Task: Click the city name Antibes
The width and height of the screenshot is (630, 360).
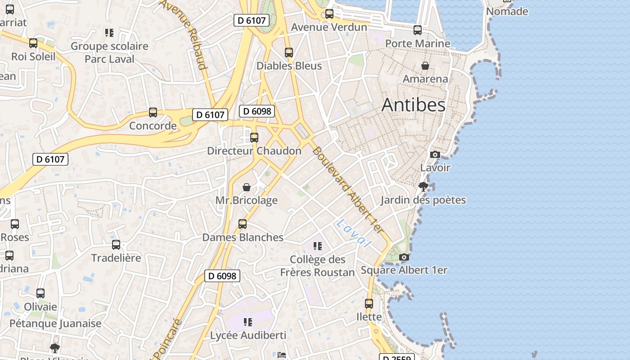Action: point(414,105)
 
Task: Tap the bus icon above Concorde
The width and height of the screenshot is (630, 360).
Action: point(153,112)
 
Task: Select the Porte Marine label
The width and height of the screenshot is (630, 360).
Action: point(418,44)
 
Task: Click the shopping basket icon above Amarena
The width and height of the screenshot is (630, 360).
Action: point(425,66)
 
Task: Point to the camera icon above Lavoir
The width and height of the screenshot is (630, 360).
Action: point(435,155)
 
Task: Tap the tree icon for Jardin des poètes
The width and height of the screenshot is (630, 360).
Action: point(423,187)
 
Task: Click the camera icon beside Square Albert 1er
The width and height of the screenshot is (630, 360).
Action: point(404,257)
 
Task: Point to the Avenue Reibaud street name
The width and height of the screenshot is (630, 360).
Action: point(183,34)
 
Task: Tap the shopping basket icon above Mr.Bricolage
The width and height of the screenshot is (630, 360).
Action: point(247,187)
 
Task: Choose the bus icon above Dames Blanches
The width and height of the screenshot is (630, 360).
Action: point(243,224)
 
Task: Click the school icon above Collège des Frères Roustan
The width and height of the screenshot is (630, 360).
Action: point(318,246)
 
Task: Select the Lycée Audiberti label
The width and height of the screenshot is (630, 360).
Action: point(248,335)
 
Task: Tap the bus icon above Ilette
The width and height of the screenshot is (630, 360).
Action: point(369,304)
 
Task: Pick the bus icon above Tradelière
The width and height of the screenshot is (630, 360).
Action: point(116,245)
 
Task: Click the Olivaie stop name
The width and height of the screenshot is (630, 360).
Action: point(40,307)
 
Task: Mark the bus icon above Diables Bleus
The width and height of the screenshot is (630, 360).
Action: point(289,53)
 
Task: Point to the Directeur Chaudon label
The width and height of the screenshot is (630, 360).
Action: point(254,151)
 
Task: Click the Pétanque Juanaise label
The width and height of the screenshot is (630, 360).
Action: point(55,323)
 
